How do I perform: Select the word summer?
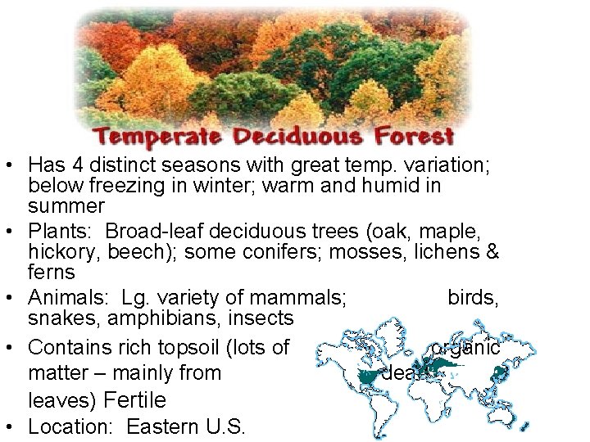coord(66,205)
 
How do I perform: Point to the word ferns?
coord(52,272)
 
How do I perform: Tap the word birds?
coord(474,296)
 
